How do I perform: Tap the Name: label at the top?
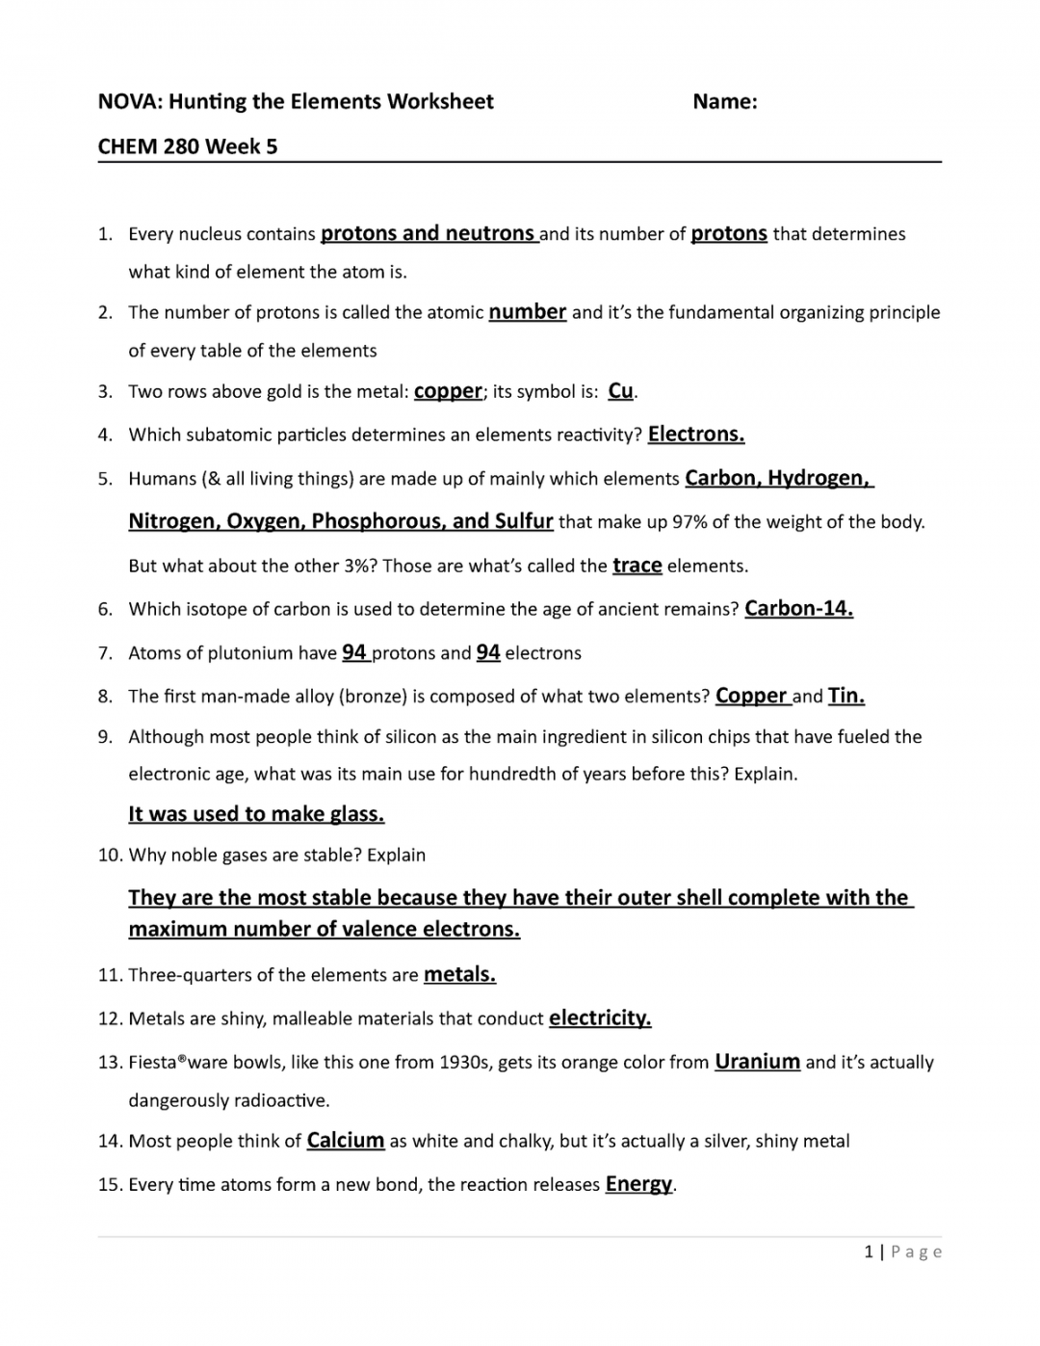pyautogui.click(x=724, y=102)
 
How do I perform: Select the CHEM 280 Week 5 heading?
pyautogui.click(x=188, y=146)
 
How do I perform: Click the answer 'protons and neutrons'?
pyautogui.click(x=428, y=233)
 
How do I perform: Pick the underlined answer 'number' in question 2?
pyautogui.click(x=527, y=312)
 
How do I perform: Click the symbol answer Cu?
pyautogui.click(x=620, y=391)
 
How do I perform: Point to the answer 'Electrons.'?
pyautogui.click(x=695, y=435)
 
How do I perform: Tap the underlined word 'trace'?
pyautogui.click(x=637, y=566)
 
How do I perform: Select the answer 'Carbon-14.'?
pyautogui.click(x=798, y=609)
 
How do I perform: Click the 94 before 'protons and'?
pyautogui.click(x=353, y=652)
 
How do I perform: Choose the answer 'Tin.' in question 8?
pyautogui.click(x=845, y=696)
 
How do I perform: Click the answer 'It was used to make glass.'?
pyautogui.click(x=256, y=814)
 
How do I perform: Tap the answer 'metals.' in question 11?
pyautogui.click(x=459, y=975)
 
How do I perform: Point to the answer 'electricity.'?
pyautogui.click(x=599, y=1018)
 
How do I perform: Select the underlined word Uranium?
pyautogui.click(x=757, y=1062)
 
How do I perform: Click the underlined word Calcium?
pyautogui.click(x=345, y=1141)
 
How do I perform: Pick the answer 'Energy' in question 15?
pyautogui.click(x=637, y=1184)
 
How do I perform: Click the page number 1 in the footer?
pyautogui.click(x=869, y=1252)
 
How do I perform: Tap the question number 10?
pyautogui.click(x=110, y=856)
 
